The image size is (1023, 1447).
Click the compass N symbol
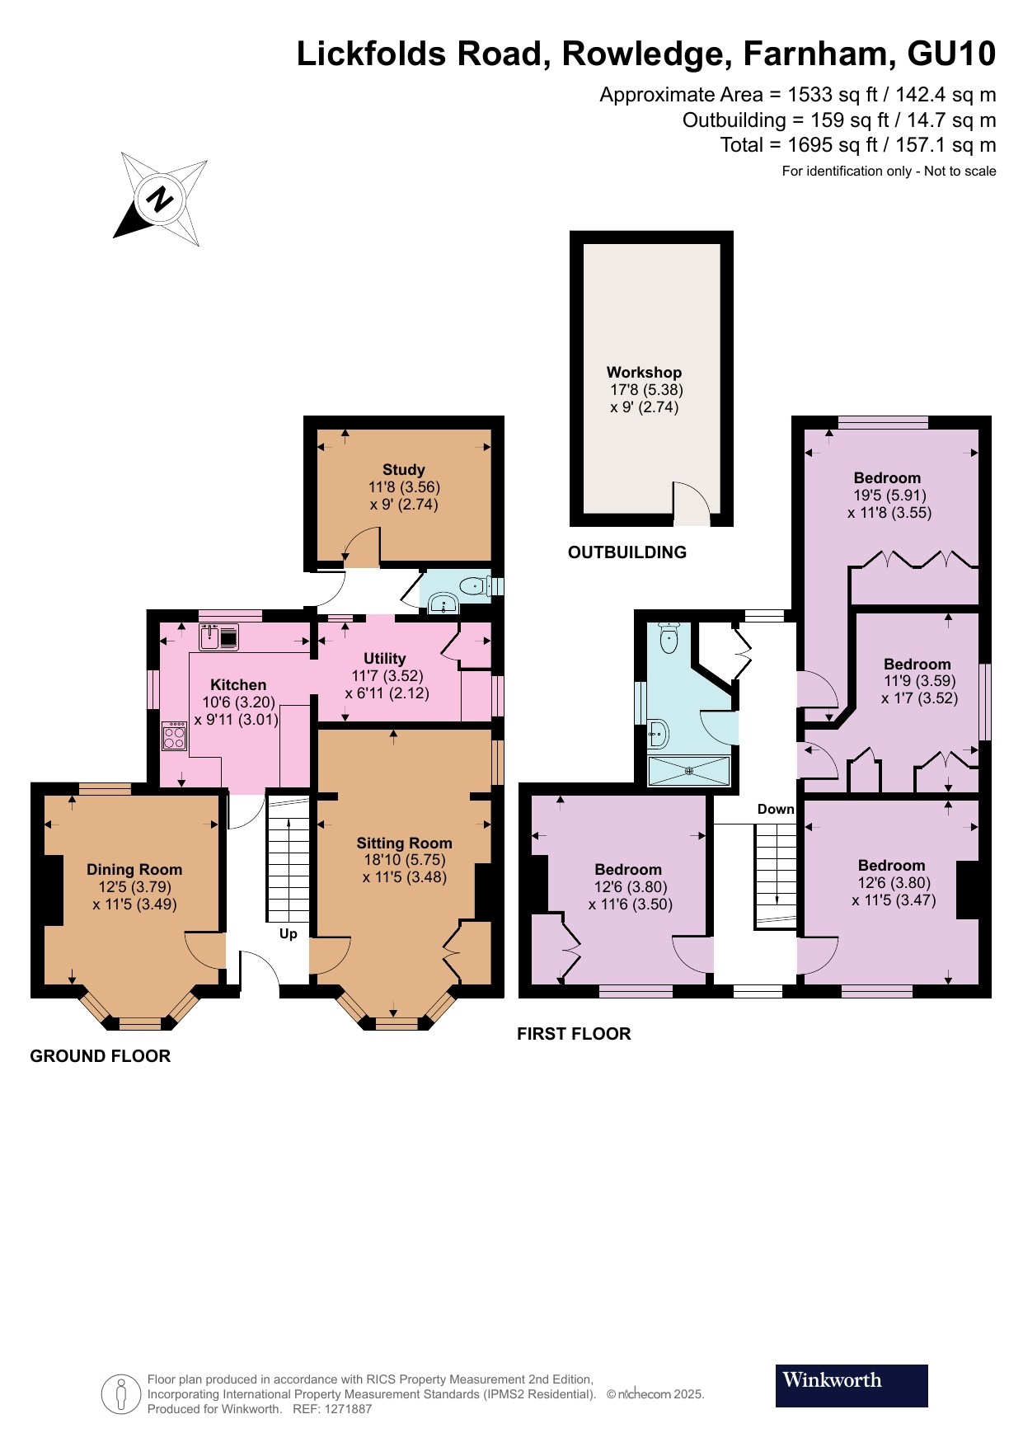(x=160, y=199)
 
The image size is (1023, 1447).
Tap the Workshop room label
(x=644, y=373)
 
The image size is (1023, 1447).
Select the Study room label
(x=403, y=470)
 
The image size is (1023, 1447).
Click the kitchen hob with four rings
(x=174, y=736)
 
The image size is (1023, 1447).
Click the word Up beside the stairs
(x=288, y=934)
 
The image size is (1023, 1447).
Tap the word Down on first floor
(x=776, y=810)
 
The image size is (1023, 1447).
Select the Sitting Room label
(x=404, y=843)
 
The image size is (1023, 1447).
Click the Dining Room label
(x=134, y=870)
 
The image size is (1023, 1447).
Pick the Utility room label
(x=384, y=659)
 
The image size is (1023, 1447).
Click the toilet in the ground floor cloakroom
(x=473, y=587)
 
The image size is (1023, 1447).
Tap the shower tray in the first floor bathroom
(x=689, y=771)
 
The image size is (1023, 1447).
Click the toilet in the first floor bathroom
(x=669, y=637)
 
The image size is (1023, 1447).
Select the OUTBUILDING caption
(x=626, y=552)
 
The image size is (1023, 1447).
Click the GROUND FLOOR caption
(x=100, y=1056)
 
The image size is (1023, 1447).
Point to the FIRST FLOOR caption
(x=574, y=1034)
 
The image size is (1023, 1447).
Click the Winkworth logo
(x=851, y=1385)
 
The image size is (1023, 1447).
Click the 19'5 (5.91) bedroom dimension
(x=889, y=496)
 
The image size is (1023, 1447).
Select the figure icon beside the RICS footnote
(x=121, y=1394)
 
